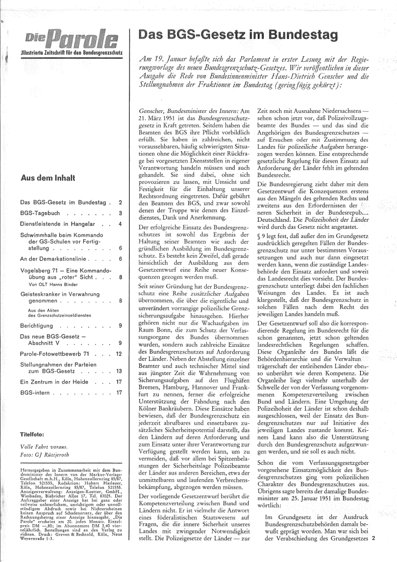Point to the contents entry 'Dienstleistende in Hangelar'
click(54, 223)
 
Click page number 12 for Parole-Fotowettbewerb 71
click(118, 354)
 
